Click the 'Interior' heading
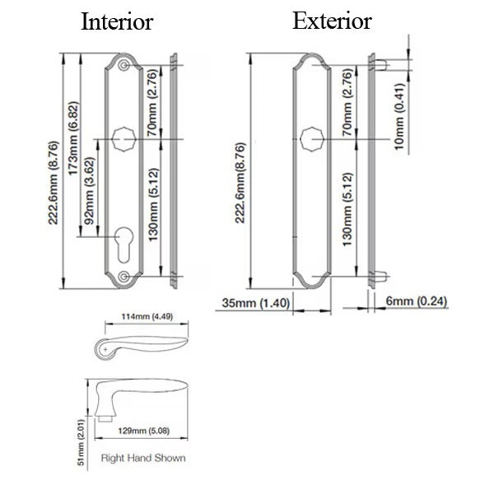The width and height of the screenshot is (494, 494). click(x=117, y=22)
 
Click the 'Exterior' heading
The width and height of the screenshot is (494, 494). click(x=332, y=21)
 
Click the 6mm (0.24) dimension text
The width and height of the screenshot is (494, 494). click(x=416, y=301)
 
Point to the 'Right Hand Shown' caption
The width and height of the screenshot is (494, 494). click(x=142, y=458)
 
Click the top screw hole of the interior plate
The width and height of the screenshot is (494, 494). click(x=123, y=65)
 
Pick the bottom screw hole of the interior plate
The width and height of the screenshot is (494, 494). click(x=123, y=278)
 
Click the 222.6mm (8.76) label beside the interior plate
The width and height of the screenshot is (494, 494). click(x=54, y=170)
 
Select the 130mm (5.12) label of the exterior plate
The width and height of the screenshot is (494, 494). click(x=348, y=211)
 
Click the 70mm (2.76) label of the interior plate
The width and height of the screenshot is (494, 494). click(x=152, y=102)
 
